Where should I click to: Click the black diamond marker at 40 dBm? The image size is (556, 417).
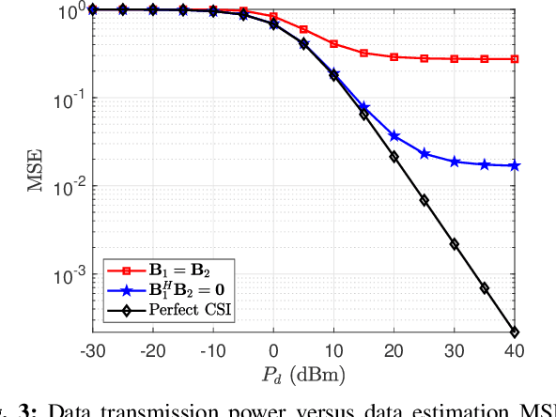click(x=515, y=332)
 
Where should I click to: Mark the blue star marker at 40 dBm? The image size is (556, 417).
click(x=515, y=166)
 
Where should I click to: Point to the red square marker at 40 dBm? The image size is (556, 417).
click(x=515, y=59)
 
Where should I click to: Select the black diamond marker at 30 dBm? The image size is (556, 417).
click(x=455, y=244)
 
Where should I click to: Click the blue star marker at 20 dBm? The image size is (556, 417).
click(x=394, y=136)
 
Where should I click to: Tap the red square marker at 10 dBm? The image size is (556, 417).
click(x=333, y=44)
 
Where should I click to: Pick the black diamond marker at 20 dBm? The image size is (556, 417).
click(x=394, y=157)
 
